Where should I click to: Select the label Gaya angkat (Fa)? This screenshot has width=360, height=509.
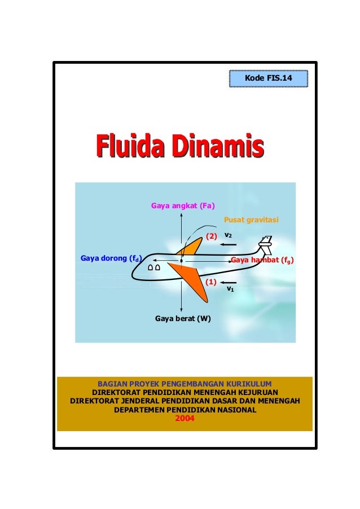[x=179, y=205]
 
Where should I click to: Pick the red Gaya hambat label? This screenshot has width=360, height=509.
[x=262, y=260]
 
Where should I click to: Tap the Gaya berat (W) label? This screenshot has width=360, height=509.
[x=183, y=319]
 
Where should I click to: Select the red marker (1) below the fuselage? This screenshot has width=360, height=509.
[x=211, y=281]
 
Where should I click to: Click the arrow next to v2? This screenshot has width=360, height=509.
[x=229, y=245]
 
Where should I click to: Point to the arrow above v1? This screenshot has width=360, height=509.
[x=230, y=282]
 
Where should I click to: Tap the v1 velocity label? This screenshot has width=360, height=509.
[x=230, y=289]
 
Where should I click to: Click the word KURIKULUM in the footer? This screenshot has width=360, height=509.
[x=248, y=384]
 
